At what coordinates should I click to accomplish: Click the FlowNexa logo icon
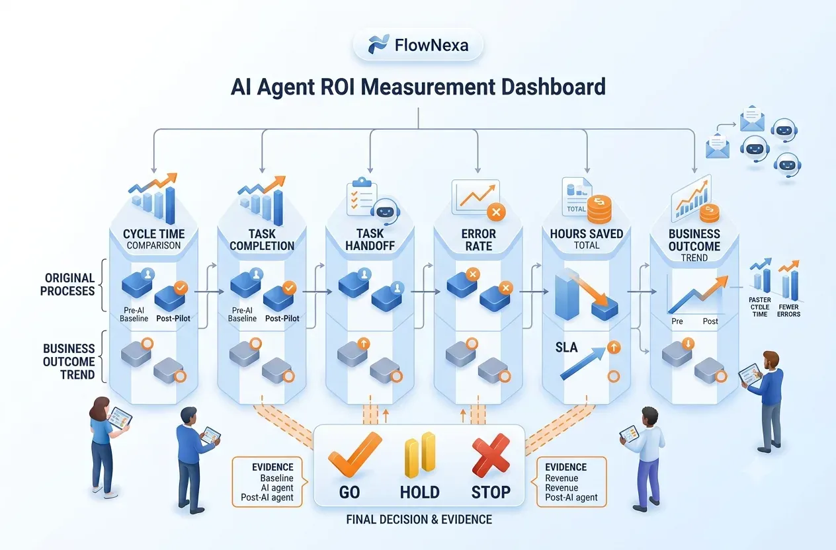tap(378, 44)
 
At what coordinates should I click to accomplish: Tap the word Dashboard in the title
tap(553, 87)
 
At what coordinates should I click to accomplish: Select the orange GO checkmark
tap(355, 455)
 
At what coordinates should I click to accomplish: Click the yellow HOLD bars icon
tap(420, 455)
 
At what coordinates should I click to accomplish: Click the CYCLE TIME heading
tap(153, 234)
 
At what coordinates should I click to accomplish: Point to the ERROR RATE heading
tap(478, 240)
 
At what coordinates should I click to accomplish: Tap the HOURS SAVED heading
tap(586, 234)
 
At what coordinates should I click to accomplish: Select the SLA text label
tap(566, 348)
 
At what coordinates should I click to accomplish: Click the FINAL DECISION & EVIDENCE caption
tap(419, 520)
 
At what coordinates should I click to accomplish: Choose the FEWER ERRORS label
tap(788, 311)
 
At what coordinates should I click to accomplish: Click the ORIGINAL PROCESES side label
tap(67, 284)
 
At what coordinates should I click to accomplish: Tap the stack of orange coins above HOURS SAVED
tap(599, 210)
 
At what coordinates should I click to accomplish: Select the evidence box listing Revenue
tap(571, 482)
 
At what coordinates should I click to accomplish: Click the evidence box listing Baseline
tap(267, 482)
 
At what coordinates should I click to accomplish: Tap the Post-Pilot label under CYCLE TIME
tap(173, 318)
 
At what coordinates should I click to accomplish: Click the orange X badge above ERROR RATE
tap(496, 212)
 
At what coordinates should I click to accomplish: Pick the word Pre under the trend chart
tap(677, 321)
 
